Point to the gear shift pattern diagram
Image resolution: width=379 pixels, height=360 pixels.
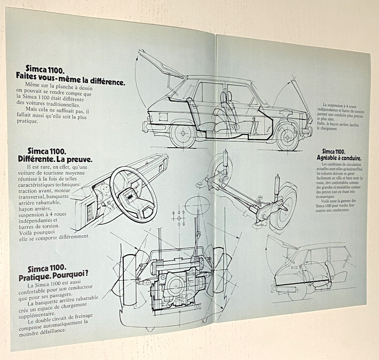point(179,217)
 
